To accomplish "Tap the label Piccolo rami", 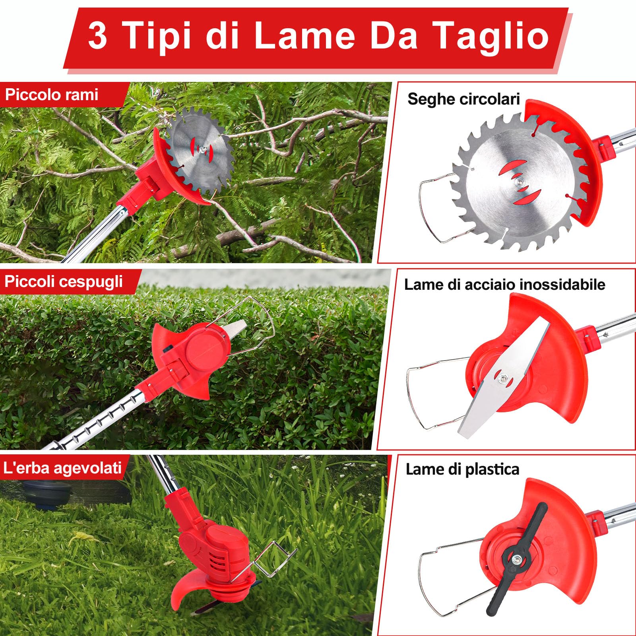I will tap(52, 95).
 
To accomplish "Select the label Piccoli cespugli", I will tap(64, 281).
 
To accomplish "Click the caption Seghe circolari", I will tap(463, 99).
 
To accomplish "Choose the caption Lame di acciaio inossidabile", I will tap(504, 285).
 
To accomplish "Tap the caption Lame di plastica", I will tap(462, 469).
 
